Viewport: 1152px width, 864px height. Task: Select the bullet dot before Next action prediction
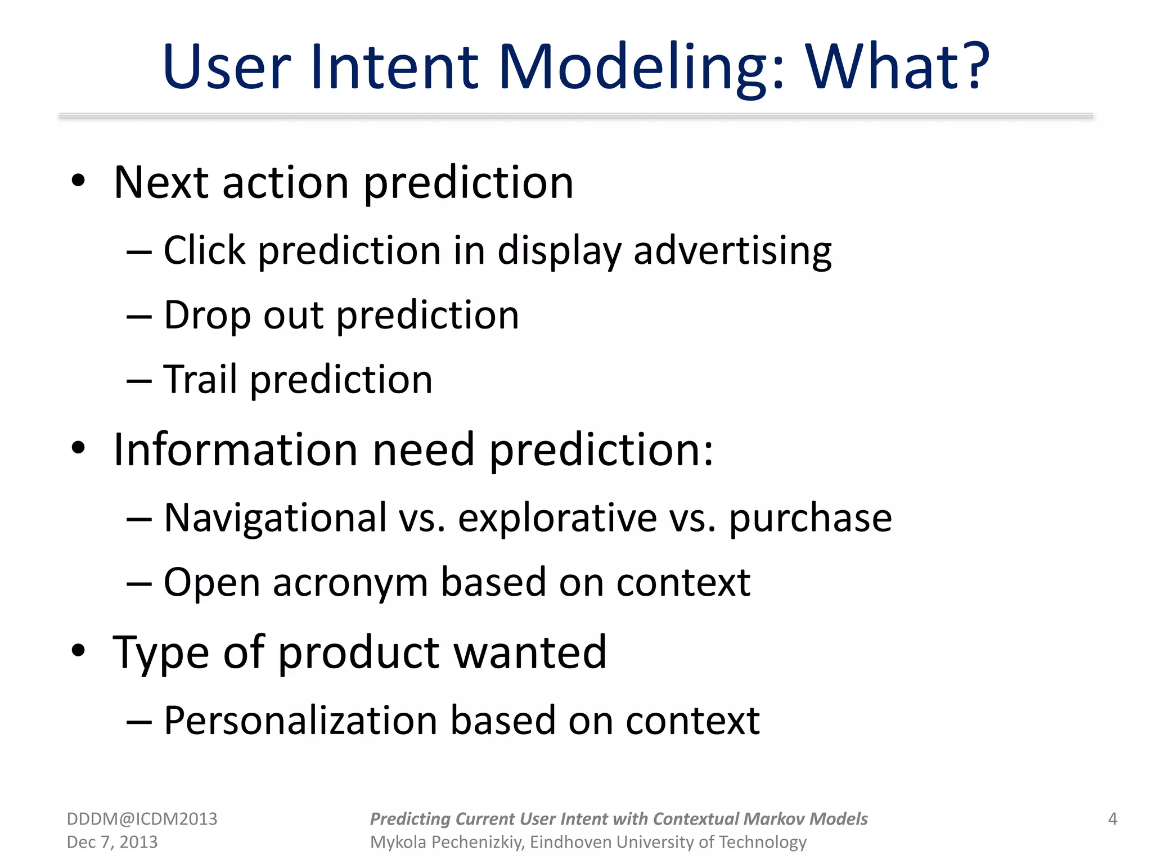coord(78,181)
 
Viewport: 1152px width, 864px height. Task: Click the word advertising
coord(732,251)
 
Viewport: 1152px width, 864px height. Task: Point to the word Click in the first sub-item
coord(204,250)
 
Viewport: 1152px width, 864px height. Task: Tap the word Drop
coord(206,316)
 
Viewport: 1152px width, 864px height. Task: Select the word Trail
coord(200,380)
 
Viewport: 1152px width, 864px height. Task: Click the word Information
coord(235,450)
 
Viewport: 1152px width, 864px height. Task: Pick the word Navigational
coord(275,518)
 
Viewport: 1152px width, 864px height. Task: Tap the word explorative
coord(557,518)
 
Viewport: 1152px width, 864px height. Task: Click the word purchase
coord(810,518)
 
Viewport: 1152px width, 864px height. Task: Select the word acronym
coord(350,583)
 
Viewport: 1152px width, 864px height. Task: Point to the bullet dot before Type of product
coord(78,651)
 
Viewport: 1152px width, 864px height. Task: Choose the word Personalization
coord(300,721)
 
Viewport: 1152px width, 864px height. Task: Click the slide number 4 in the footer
coord(1112,818)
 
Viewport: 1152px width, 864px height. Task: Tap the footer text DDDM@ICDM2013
coord(142,819)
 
